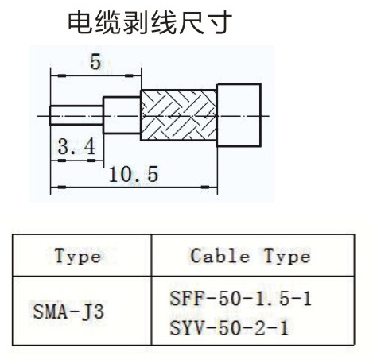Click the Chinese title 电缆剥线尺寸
pyautogui.click(x=150, y=23)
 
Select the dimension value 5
pyautogui.click(x=95, y=62)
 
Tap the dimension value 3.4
pyautogui.click(x=76, y=147)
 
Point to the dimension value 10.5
pyautogui.click(x=134, y=174)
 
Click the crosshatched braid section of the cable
pyautogui.click(x=178, y=115)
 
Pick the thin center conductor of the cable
pyautogui.click(x=76, y=115)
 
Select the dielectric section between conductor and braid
pyautogui.click(x=122, y=115)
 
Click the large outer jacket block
pyautogui.click(x=239, y=115)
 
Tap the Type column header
pyautogui.click(x=78, y=256)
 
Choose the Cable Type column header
pyautogui.click(x=251, y=256)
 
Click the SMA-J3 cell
pyautogui.click(x=68, y=312)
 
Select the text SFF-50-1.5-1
pyautogui.click(x=240, y=299)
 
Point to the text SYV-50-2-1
pyautogui.click(x=229, y=327)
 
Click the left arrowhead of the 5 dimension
pyautogui.click(x=61, y=76)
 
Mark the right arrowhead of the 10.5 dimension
pyautogui.click(x=205, y=188)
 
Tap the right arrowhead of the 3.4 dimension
pyautogui.click(x=91, y=161)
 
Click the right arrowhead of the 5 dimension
pyautogui.click(x=129, y=76)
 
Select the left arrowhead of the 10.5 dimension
pyautogui.click(x=61, y=188)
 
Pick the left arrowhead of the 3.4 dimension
pyautogui.click(x=61, y=161)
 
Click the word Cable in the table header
pyautogui.click(x=220, y=256)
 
